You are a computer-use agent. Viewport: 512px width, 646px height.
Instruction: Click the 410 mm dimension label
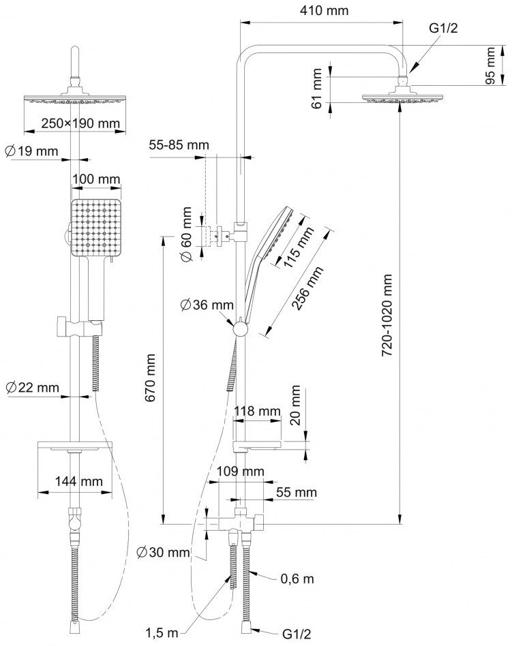coord(324,10)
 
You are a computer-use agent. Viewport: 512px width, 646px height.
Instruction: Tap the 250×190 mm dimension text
coord(80,123)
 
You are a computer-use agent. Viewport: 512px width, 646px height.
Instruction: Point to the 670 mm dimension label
coord(151,378)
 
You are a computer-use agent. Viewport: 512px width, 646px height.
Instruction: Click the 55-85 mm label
coord(179,144)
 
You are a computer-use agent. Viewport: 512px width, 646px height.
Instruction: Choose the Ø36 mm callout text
coord(207,305)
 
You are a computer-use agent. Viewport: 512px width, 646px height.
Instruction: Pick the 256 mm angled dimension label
coord(307,288)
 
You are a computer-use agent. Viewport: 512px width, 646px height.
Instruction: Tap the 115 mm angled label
coord(299,247)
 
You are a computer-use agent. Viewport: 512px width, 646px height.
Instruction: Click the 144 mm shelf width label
coord(78,481)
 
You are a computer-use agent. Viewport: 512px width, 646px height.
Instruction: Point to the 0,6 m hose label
coord(297,579)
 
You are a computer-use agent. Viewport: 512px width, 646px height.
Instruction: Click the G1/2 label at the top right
coord(444,28)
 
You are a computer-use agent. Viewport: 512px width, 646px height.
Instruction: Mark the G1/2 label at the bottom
coord(297,634)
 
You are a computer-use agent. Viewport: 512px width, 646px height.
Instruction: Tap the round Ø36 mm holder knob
coord(240,330)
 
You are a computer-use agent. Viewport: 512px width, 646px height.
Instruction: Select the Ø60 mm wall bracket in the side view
coord(218,236)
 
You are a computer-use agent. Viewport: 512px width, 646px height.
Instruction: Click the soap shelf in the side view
coord(257,446)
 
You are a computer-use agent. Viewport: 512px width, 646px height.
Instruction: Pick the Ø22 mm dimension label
coord(33,387)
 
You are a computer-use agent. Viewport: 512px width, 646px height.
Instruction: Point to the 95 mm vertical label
coord(490,65)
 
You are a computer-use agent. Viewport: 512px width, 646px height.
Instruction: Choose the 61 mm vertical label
coord(316,89)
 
